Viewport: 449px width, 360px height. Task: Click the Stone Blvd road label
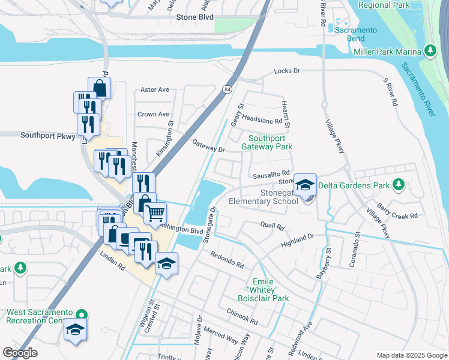point(195,17)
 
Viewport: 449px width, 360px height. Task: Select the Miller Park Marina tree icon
point(430,52)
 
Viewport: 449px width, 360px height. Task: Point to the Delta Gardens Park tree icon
point(398,185)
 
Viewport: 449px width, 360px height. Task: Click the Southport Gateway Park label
point(267,142)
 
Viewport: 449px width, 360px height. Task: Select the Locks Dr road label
point(287,71)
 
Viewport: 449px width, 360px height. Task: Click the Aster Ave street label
point(154,89)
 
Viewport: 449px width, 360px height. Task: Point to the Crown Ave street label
point(154,114)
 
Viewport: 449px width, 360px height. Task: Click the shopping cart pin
point(155,212)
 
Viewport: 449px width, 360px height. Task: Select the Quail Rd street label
point(272,227)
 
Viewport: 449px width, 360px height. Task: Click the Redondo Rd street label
point(227,260)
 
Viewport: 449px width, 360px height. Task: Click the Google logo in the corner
point(20,353)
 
